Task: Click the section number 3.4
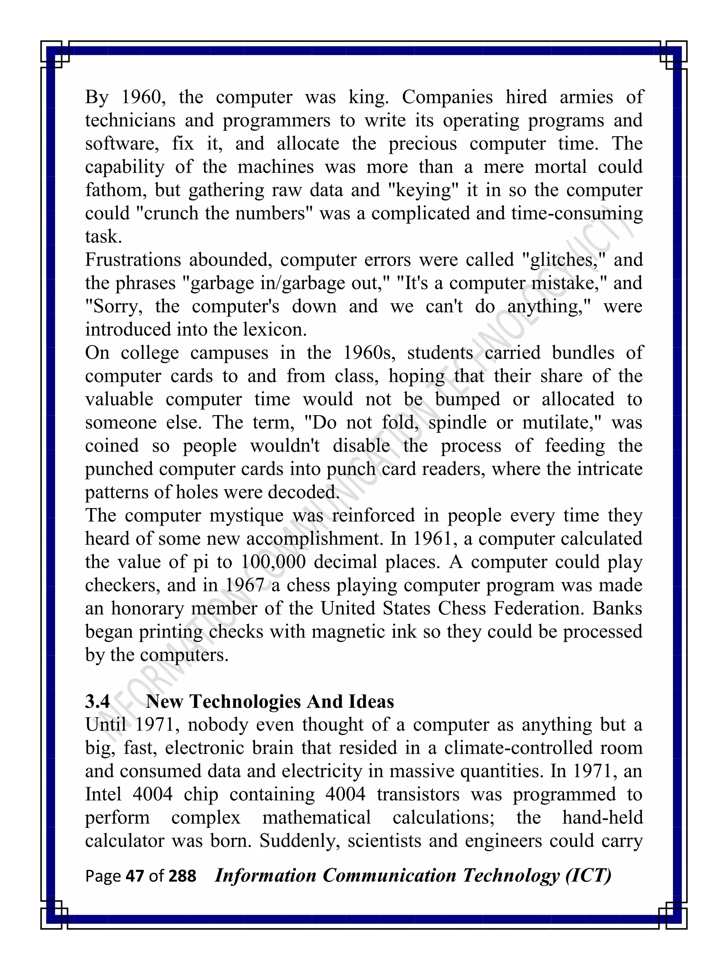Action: pos(97,701)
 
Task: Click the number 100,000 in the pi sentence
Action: pos(273,562)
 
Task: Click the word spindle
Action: pos(457,423)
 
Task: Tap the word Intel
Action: pos(103,795)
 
